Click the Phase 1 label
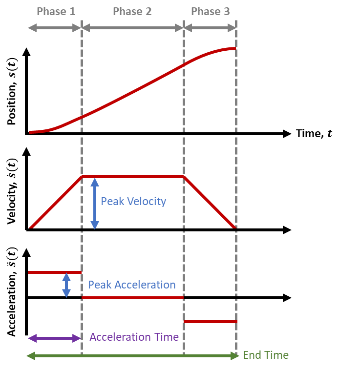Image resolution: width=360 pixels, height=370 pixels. (x=56, y=11)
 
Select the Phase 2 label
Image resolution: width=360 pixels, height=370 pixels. (x=132, y=11)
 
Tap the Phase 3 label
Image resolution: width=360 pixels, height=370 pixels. (x=210, y=11)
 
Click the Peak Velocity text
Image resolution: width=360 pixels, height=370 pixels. (x=133, y=201)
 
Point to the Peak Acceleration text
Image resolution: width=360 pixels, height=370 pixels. (x=132, y=285)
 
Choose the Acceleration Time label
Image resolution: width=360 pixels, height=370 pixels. (x=134, y=337)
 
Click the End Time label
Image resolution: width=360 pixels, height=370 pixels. (x=266, y=355)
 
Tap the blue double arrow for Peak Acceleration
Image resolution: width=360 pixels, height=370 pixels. (x=66, y=285)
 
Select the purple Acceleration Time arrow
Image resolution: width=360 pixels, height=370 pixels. (x=54, y=338)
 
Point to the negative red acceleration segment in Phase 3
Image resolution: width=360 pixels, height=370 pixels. (x=210, y=321)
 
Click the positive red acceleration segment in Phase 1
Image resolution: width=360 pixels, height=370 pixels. (x=54, y=272)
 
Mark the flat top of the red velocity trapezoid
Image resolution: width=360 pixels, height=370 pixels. (x=132, y=176)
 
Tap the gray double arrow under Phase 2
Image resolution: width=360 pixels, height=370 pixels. (x=132, y=28)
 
